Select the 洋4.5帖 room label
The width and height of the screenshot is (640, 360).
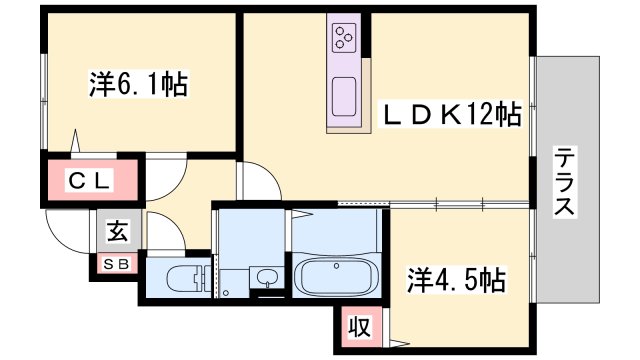455,279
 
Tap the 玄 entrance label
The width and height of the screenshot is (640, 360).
117,232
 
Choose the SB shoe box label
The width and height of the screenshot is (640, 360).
117,265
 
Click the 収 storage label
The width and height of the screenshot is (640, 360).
356,325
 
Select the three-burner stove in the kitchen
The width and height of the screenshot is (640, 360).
345,39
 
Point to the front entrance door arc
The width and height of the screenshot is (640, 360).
70,232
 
